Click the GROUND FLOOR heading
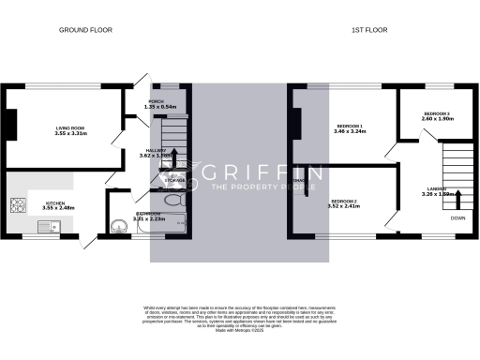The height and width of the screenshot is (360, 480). tap(85, 30)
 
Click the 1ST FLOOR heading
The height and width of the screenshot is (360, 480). tap(370, 30)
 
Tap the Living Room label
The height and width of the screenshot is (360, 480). tap(70, 128)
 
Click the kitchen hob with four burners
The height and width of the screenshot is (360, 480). tap(16, 205)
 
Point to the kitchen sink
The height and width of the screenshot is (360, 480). tap(46, 225)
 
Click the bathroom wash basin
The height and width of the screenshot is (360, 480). tap(117, 225)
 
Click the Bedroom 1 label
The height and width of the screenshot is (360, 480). tap(351, 127)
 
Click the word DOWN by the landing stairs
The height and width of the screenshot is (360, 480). tap(457, 217)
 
